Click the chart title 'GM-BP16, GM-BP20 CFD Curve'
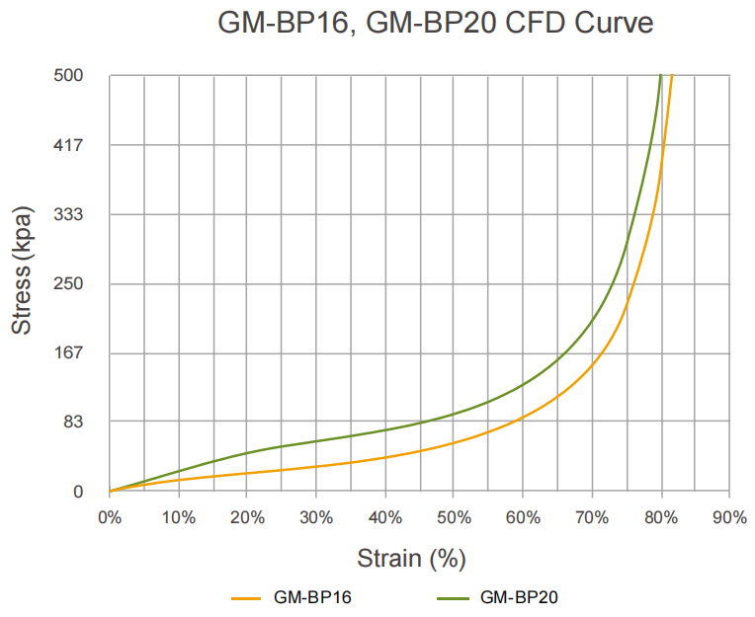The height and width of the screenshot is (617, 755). (435, 23)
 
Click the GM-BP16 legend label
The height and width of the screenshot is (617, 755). (312, 597)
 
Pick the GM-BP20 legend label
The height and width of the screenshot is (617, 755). (520, 597)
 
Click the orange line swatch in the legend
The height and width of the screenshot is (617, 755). (247, 597)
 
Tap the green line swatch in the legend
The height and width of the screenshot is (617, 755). (454, 597)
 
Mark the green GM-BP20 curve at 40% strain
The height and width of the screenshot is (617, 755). (385, 429)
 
